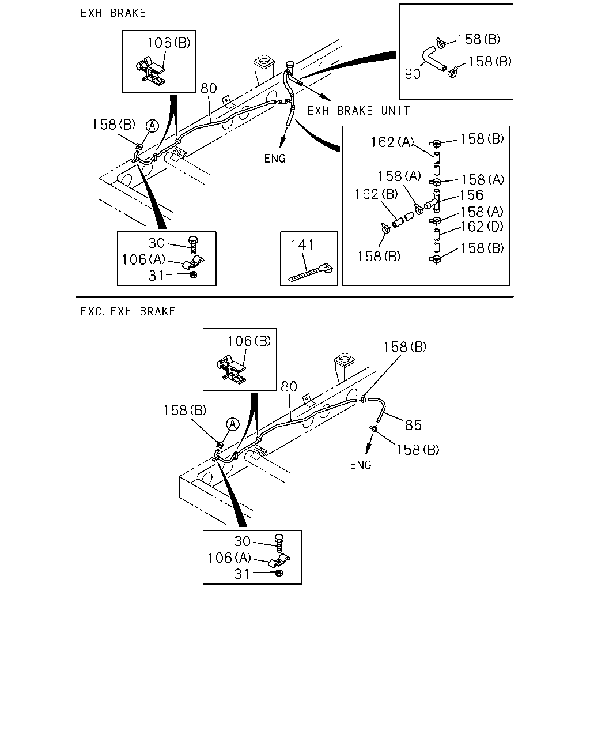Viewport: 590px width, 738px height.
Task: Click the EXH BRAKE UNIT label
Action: (358, 111)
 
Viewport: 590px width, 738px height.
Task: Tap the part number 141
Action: (302, 245)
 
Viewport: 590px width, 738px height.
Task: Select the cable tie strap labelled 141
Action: (311, 273)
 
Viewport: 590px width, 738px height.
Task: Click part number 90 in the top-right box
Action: (413, 74)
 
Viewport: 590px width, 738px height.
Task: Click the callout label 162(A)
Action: (392, 142)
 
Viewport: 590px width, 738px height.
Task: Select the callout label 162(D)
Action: (482, 227)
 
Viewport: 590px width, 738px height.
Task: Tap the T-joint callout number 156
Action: (471, 195)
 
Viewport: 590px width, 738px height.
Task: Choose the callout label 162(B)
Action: (376, 194)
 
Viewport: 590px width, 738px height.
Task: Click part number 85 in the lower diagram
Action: (413, 426)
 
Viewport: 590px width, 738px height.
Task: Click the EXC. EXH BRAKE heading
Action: (128, 311)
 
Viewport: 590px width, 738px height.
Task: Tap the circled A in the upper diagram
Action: (152, 126)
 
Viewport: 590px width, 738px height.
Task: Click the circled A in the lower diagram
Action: (233, 424)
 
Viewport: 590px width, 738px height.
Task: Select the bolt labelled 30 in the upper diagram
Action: (193, 244)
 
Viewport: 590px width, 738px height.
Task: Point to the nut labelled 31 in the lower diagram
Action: (279, 573)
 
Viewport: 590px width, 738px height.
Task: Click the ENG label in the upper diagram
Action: (275, 159)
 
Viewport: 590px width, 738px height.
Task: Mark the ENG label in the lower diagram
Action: (360, 465)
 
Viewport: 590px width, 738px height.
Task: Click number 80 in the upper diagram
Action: (209, 88)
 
